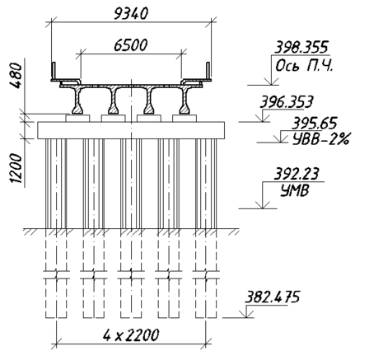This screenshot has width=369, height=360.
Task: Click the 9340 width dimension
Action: [131, 14]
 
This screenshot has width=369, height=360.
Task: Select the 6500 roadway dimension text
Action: [131, 45]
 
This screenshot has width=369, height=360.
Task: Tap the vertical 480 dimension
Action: [16, 75]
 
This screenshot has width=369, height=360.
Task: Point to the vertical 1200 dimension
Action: [16, 168]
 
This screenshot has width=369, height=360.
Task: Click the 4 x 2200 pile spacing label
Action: [131, 334]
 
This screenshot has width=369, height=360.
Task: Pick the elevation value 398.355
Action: [301, 47]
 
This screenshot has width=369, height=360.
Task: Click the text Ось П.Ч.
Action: [304, 66]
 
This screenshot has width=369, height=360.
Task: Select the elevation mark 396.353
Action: [287, 102]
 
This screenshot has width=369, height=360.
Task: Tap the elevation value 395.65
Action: [314, 123]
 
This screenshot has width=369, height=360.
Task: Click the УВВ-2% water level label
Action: [320, 139]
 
